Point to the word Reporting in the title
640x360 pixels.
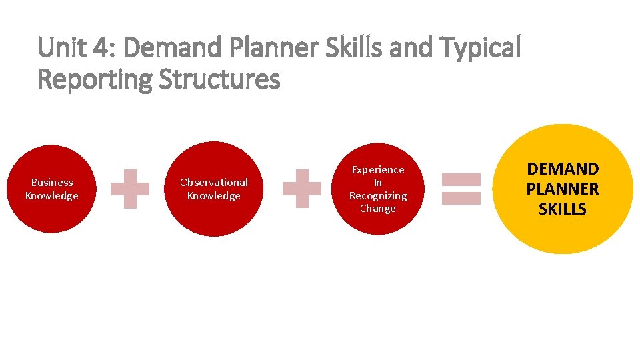[95, 80]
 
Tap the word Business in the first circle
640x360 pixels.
[52, 182]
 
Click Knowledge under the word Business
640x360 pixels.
[52, 195]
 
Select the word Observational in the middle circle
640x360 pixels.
[214, 182]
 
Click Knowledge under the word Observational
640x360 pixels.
[214, 195]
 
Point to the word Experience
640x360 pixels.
[378, 169]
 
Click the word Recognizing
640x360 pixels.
[378, 195]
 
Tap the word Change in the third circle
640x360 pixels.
[378, 208]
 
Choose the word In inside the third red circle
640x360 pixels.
[378, 182]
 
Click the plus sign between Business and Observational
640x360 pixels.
[130, 189]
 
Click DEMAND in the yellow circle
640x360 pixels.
[563, 169]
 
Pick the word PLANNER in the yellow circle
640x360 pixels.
[563, 189]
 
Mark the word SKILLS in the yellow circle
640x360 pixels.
[563, 209]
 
